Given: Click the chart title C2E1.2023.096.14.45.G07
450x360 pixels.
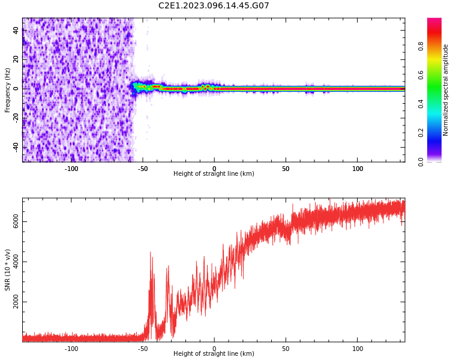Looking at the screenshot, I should click(214, 6).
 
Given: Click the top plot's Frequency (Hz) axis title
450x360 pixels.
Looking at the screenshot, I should click(8, 90).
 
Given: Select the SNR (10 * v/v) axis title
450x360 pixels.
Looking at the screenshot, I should click(8, 270).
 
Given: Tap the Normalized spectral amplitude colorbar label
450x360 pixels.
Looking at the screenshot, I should click(446, 90).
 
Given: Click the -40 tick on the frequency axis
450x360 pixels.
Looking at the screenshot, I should click(16, 147).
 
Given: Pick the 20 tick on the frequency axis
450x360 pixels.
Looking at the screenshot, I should click(16, 59).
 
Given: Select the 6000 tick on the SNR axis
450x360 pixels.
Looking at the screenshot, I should click(16, 222).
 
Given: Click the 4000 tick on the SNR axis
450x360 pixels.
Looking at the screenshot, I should click(16, 262).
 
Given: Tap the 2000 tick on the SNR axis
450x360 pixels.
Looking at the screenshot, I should click(16, 302).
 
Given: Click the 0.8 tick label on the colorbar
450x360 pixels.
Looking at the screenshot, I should click(421, 46).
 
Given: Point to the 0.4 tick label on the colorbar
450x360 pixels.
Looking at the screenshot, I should click(421, 104).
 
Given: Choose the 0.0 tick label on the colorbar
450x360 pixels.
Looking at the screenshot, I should click(421, 161).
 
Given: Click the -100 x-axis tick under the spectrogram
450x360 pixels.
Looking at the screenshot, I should click(71, 169).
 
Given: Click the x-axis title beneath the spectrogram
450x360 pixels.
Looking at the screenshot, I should click(214, 174).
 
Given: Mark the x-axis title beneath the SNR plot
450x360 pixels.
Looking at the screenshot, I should click(214, 354).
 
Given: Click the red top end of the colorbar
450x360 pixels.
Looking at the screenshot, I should click(434, 22).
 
